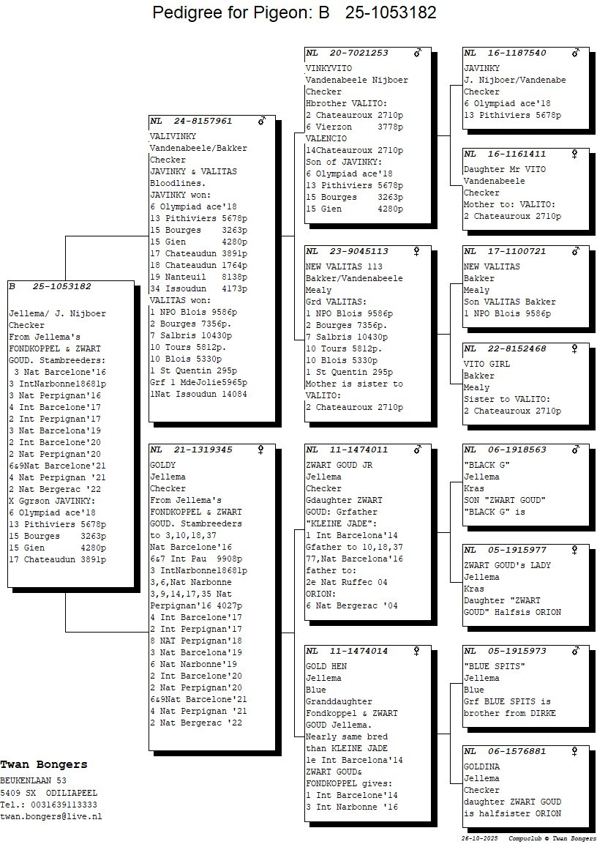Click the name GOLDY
(x=162, y=465)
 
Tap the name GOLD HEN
(x=326, y=666)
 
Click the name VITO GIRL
(x=487, y=364)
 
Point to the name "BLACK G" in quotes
(x=487, y=465)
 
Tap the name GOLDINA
(x=481, y=766)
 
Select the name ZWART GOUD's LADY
(x=507, y=565)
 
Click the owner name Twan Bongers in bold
(x=43, y=764)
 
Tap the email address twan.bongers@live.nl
(x=50, y=816)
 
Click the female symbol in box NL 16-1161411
(x=575, y=154)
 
